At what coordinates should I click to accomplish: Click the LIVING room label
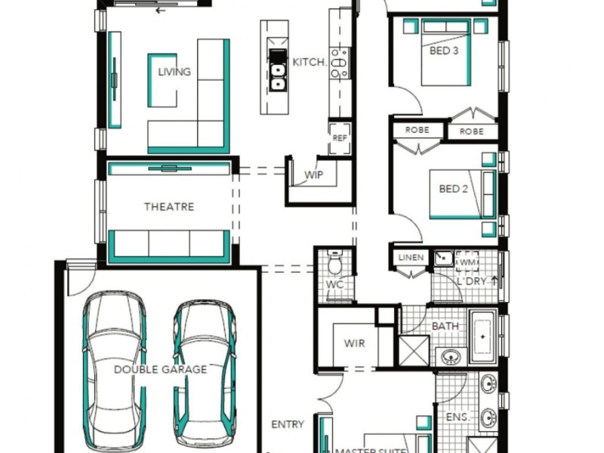174,72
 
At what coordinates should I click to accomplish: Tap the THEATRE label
169,207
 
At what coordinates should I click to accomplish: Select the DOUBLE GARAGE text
161,370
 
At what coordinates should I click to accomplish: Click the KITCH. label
310,63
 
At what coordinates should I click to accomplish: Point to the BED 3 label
444,51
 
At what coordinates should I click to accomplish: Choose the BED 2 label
454,189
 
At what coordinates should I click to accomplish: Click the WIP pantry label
314,175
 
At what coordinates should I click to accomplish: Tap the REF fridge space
340,138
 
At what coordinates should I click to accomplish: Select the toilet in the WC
334,261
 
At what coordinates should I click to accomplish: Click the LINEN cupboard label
411,257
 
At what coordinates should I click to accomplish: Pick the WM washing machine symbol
467,262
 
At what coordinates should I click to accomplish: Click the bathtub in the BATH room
483,336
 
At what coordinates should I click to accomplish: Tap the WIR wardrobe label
354,344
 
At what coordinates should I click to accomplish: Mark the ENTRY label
288,424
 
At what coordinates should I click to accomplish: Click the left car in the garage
115,369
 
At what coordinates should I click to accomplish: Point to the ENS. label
458,418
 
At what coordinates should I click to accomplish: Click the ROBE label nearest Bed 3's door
418,130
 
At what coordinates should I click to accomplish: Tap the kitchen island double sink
277,77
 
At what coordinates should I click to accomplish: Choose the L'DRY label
471,281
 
